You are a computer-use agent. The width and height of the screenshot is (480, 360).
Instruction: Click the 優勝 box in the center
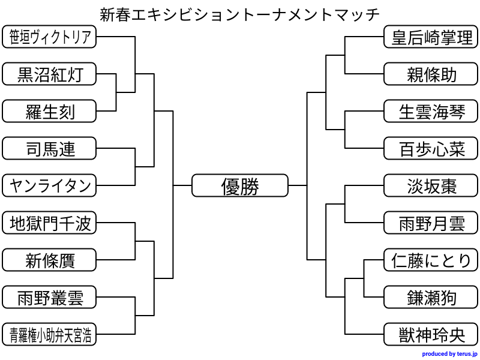tap(240, 186)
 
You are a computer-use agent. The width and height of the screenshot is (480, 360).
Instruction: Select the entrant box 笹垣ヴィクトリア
tap(49, 37)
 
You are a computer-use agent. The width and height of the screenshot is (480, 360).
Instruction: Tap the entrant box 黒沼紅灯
tap(49, 74)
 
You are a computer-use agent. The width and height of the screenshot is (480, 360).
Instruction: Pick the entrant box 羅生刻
tap(49, 112)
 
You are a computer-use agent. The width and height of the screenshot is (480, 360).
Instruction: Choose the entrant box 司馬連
tap(49, 149)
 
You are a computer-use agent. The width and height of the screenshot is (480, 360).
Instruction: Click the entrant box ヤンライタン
tap(49, 186)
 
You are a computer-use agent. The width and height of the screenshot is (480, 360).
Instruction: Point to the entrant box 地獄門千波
tap(49, 223)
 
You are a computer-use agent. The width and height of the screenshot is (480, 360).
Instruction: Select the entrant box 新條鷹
tap(49, 260)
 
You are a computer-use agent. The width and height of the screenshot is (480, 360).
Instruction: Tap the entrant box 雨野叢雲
tap(49, 298)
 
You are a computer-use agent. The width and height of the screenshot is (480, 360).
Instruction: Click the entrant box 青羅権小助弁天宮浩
tap(49, 335)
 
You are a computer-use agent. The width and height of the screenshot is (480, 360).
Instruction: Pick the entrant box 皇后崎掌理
tap(431, 37)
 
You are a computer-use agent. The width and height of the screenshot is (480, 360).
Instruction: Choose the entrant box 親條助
tap(431, 74)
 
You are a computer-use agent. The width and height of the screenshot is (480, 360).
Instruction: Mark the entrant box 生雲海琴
tap(431, 112)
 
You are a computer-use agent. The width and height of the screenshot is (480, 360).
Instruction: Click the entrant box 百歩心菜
tap(431, 149)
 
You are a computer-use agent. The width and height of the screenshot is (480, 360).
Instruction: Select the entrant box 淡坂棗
tap(431, 186)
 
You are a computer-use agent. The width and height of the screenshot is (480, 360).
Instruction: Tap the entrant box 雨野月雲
tap(431, 223)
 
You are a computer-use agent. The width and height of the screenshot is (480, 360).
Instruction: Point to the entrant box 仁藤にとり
tap(431, 260)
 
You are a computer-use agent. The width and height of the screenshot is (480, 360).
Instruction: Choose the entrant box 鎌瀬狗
tap(431, 298)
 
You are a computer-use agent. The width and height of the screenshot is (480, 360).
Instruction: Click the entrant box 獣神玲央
tap(431, 335)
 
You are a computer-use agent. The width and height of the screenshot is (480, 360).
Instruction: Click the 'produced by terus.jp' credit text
tap(449, 354)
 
